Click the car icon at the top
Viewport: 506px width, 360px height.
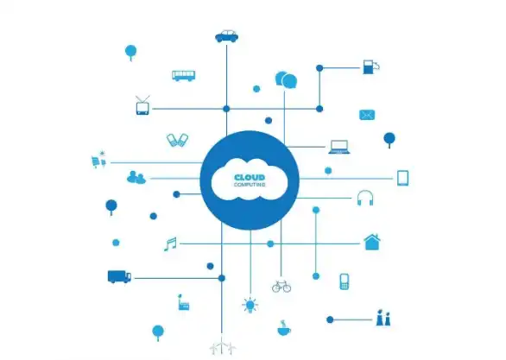(226, 36)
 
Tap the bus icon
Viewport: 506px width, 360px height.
(183, 76)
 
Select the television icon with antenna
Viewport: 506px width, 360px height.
(142, 105)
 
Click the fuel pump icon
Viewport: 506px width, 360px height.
(370, 66)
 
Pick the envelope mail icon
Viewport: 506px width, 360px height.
(367, 115)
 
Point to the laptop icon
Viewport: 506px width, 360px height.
(339, 147)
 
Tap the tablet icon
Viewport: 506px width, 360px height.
(402, 178)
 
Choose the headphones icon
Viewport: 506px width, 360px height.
(365, 198)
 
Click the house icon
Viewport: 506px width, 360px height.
(372, 242)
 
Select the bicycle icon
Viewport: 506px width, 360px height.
(281, 286)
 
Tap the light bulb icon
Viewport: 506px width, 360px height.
(250, 305)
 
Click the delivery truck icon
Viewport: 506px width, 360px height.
(119, 277)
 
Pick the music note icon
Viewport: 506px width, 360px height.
(170, 244)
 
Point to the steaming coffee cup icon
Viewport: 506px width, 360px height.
(284, 328)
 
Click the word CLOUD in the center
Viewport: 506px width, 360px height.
(250, 178)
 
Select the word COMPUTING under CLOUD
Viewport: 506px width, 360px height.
(250, 185)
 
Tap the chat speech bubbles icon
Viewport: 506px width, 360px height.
(286, 80)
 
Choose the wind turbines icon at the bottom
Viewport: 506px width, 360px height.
(222, 348)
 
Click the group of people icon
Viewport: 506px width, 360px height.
(136, 177)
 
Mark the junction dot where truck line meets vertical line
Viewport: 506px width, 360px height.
(222, 278)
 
